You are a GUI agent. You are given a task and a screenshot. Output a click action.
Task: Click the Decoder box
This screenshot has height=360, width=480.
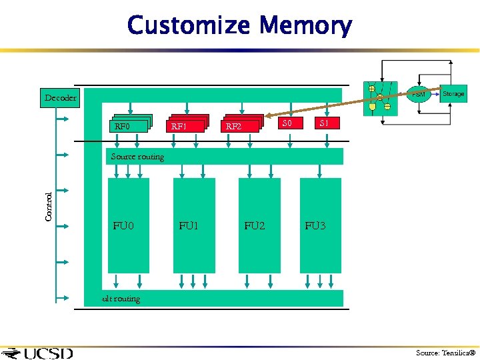[x=60, y=97]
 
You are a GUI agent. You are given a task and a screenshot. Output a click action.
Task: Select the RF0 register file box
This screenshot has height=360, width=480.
[x=129, y=125]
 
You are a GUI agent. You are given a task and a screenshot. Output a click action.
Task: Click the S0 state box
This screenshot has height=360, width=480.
[x=288, y=123]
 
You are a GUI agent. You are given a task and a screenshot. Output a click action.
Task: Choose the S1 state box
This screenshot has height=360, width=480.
[x=325, y=123]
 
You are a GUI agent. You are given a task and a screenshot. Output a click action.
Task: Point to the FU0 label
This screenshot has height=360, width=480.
[x=123, y=226]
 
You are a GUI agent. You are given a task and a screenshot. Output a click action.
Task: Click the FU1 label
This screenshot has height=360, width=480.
[x=189, y=226]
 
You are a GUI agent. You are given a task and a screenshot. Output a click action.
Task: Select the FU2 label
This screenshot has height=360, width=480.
[x=254, y=226]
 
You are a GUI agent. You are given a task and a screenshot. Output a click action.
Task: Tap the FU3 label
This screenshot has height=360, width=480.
[x=315, y=226]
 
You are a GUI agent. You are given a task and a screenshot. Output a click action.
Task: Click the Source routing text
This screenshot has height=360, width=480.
[x=137, y=157]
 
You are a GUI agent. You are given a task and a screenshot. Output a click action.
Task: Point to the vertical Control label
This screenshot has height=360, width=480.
[x=49, y=206]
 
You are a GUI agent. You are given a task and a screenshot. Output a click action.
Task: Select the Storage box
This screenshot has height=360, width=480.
[x=453, y=94]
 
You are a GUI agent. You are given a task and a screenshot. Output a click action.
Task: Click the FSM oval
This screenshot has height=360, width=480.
[x=418, y=94]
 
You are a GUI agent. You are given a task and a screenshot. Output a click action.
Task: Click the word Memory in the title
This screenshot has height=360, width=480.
[x=305, y=26]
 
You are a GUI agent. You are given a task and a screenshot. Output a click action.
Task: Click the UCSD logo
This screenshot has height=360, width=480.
[x=37, y=353]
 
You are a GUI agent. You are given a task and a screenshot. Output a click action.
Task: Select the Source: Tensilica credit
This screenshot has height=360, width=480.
[x=445, y=353]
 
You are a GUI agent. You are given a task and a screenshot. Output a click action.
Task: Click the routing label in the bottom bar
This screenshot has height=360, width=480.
[x=121, y=299]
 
